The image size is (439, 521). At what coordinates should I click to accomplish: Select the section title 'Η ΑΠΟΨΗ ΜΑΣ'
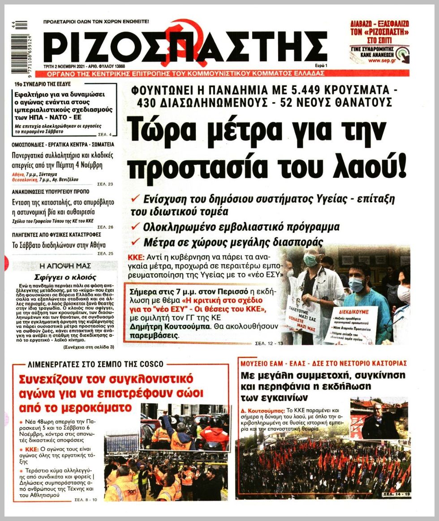click(65, 265)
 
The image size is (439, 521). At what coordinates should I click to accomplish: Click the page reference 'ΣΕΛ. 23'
click(105, 185)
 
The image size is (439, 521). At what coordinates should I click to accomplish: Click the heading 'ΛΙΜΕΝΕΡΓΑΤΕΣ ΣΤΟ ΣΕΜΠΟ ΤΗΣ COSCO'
click(95, 364)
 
